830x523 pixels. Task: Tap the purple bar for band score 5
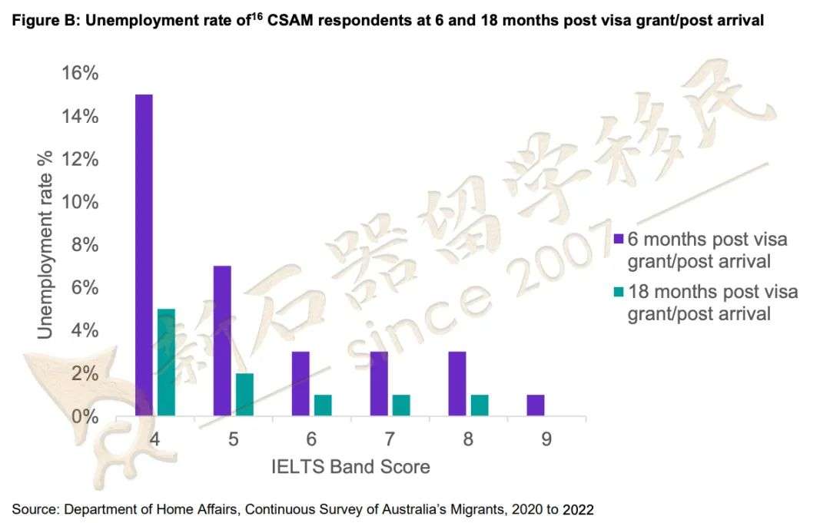[x=222, y=341]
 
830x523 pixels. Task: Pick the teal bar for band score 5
[x=244, y=395]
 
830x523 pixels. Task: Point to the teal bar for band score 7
[x=401, y=405]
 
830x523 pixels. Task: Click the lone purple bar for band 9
[x=536, y=405]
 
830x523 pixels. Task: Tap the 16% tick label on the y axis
[x=79, y=74]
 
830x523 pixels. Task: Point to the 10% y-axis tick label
[x=79, y=203]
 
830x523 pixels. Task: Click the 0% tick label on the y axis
[x=85, y=417]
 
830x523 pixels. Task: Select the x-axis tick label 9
[x=546, y=439]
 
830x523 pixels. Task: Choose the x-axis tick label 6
[x=311, y=439]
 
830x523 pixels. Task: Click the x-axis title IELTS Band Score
[x=350, y=466]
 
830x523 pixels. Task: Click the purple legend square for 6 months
[x=619, y=240]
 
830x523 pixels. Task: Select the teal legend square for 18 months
[x=619, y=293]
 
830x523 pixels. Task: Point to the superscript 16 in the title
[x=257, y=17]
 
